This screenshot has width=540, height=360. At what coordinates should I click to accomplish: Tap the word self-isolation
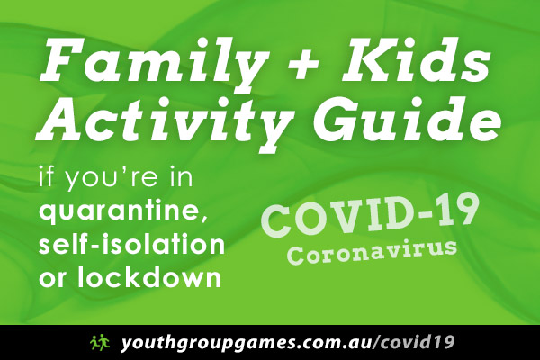(x=131, y=245)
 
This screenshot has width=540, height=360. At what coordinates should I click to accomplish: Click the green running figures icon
(x=100, y=342)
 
